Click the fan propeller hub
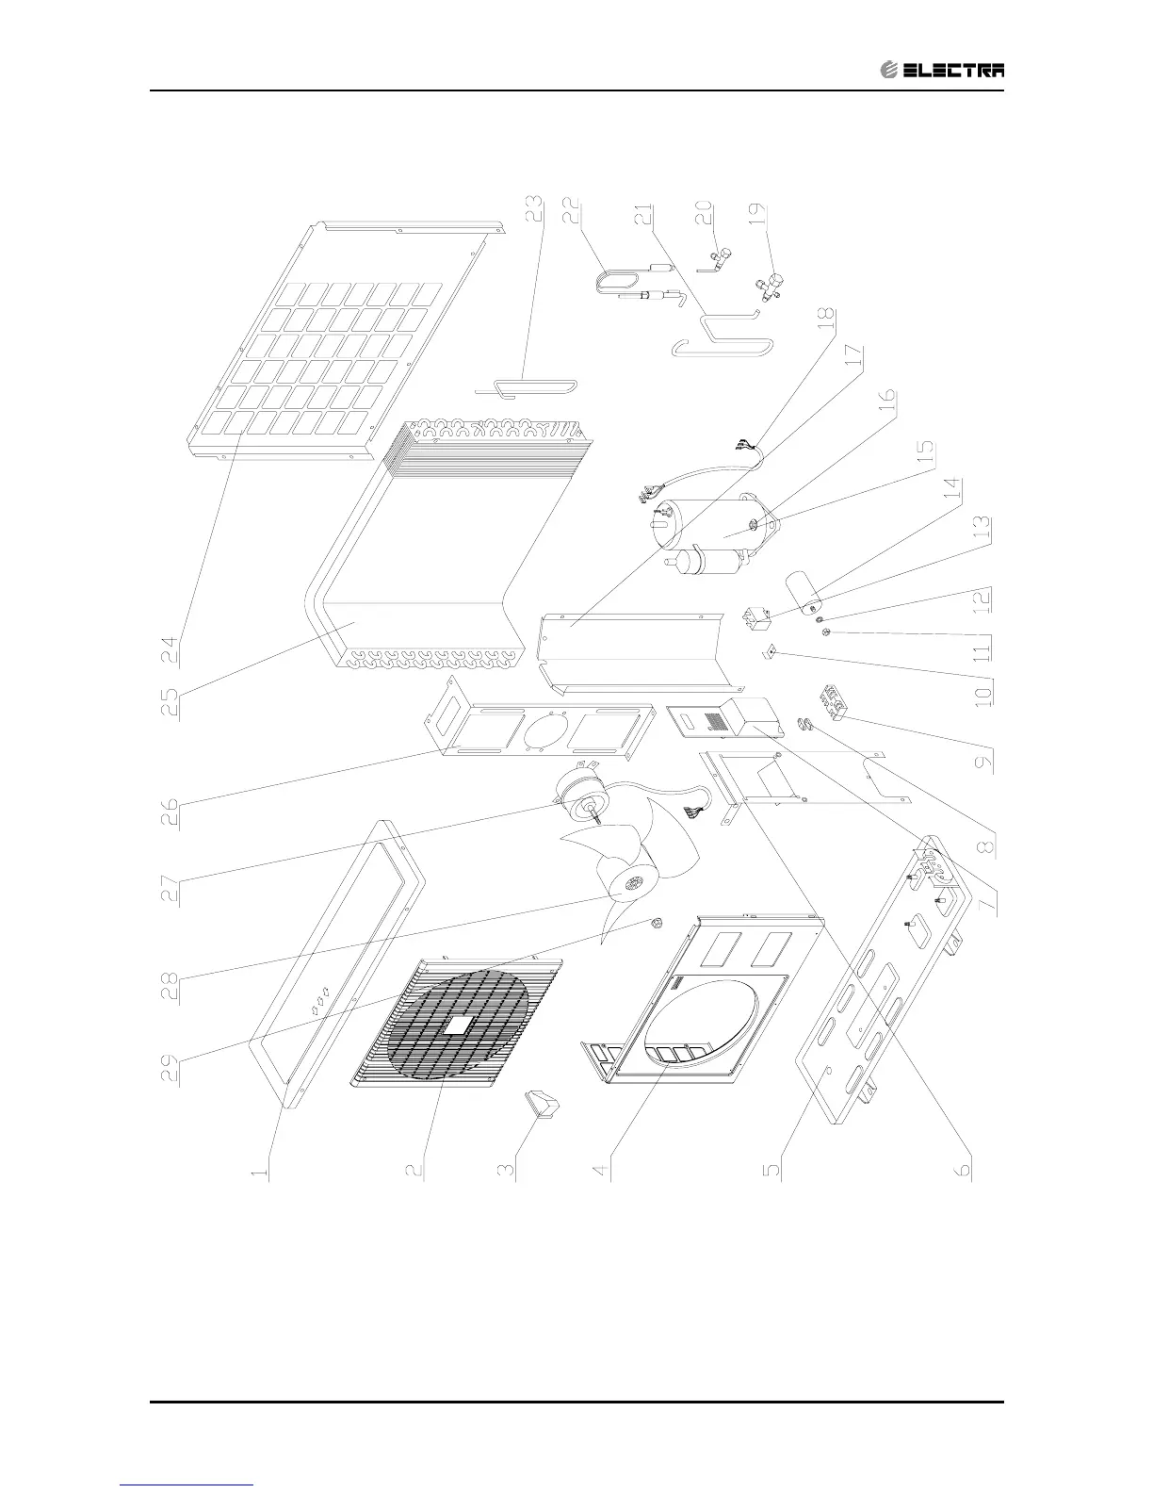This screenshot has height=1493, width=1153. [630, 884]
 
